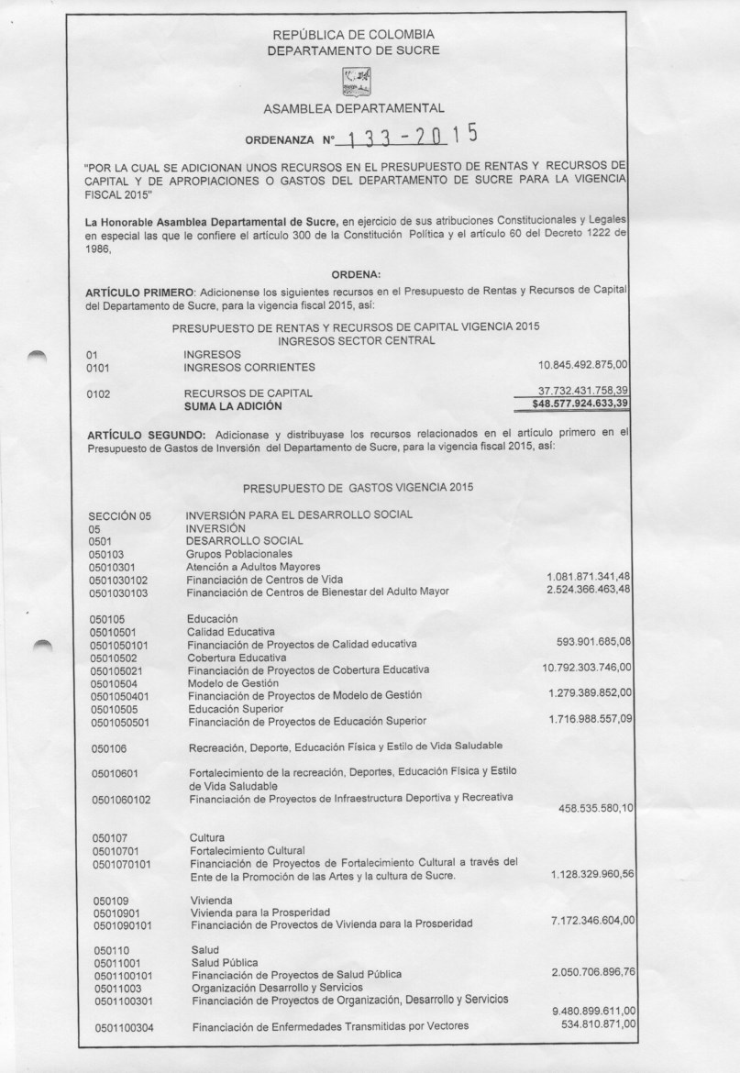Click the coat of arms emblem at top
[x=353, y=79]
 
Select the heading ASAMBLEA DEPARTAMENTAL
[x=354, y=109]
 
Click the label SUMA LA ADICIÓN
[x=233, y=405]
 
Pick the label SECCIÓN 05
[x=119, y=515]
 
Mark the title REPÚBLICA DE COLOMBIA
[x=353, y=35]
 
